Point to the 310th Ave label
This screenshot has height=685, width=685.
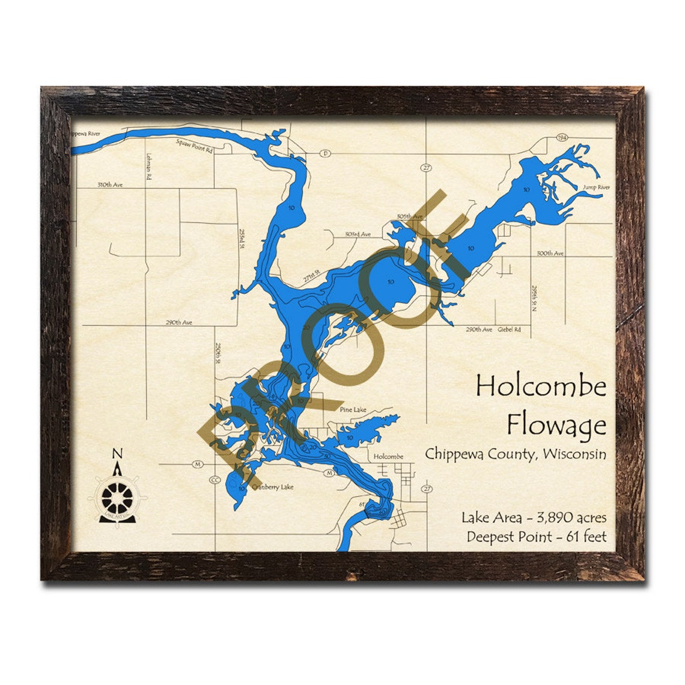tap(110, 185)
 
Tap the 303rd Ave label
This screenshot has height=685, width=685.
tap(358, 234)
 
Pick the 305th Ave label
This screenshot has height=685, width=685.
tap(409, 216)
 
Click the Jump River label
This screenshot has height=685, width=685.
tap(596, 187)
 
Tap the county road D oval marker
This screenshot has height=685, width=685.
tap(326, 153)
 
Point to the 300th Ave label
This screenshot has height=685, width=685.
tap(550, 254)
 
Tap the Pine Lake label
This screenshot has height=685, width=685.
tap(353, 410)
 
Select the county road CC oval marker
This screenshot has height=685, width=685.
tap(215, 480)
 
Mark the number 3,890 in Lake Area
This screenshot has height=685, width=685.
tap(545, 517)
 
